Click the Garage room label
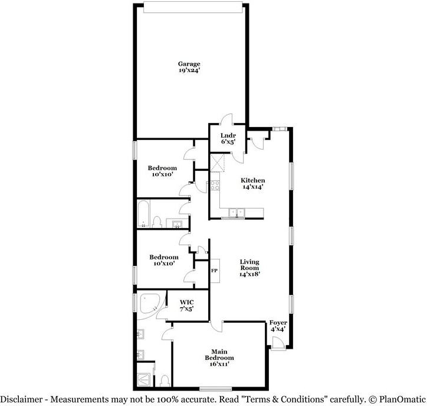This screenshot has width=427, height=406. [x=189, y=64]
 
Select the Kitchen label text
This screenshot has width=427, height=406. [x=252, y=180]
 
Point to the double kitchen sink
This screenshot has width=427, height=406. [x=238, y=212]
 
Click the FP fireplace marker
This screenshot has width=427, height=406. [x=214, y=270]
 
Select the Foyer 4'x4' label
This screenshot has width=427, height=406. [x=278, y=326]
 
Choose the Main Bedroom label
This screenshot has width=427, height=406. [x=219, y=357]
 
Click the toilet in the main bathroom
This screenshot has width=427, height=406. [x=165, y=379]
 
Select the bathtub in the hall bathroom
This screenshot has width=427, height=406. [x=143, y=213]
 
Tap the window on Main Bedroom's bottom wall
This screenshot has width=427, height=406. [x=215, y=388]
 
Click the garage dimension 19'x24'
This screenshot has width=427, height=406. [x=189, y=71]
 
